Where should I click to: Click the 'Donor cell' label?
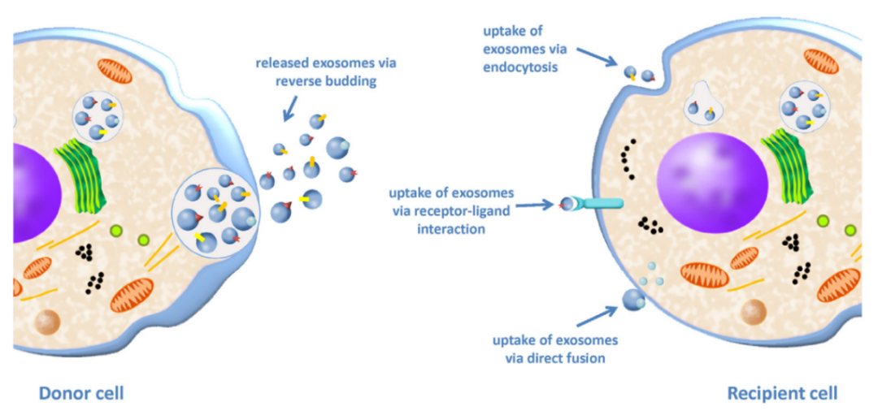point(81,394)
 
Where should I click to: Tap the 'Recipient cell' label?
point(782,394)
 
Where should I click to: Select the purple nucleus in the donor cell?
point(33,192)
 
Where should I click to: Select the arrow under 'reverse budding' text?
point(289,106)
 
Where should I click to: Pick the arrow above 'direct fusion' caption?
point(601,315)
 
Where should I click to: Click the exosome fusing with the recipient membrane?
point(633,300)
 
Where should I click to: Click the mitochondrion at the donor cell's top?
point(114,71)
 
